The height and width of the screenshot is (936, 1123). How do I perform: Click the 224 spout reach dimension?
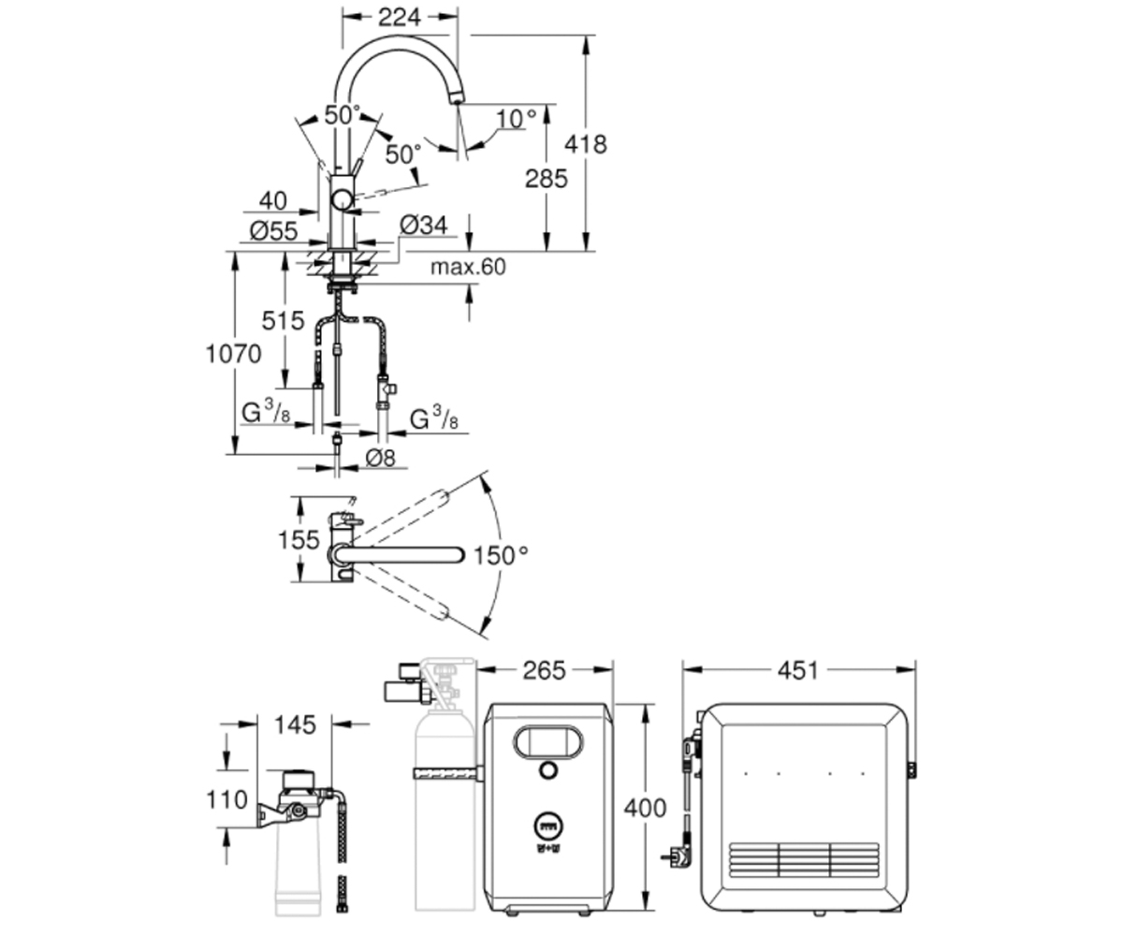[x=399, y=17]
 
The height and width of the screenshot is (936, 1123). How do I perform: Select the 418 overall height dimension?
[x=586, y=144]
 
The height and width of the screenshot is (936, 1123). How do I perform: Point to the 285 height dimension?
[x=546, y=179]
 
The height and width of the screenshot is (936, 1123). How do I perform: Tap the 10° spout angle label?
[x=516, y=118]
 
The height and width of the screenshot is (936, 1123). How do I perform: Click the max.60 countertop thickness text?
[x=468, y=267]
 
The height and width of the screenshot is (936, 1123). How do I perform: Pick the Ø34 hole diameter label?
[x=423, y=226]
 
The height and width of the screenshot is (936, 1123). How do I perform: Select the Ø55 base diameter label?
[x=273, y=231]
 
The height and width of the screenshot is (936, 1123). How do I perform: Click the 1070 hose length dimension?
[x=233, y=354]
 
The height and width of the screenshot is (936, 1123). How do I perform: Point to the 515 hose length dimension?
[x=283, y=321]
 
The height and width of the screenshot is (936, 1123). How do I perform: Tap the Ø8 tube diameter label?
[x=380, y=459]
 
